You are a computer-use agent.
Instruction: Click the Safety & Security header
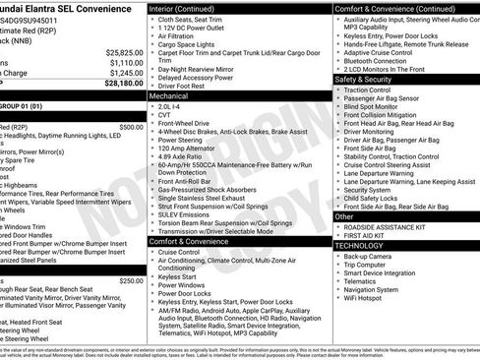click(363, 79)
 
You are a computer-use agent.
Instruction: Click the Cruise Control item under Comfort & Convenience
click(180, 252)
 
